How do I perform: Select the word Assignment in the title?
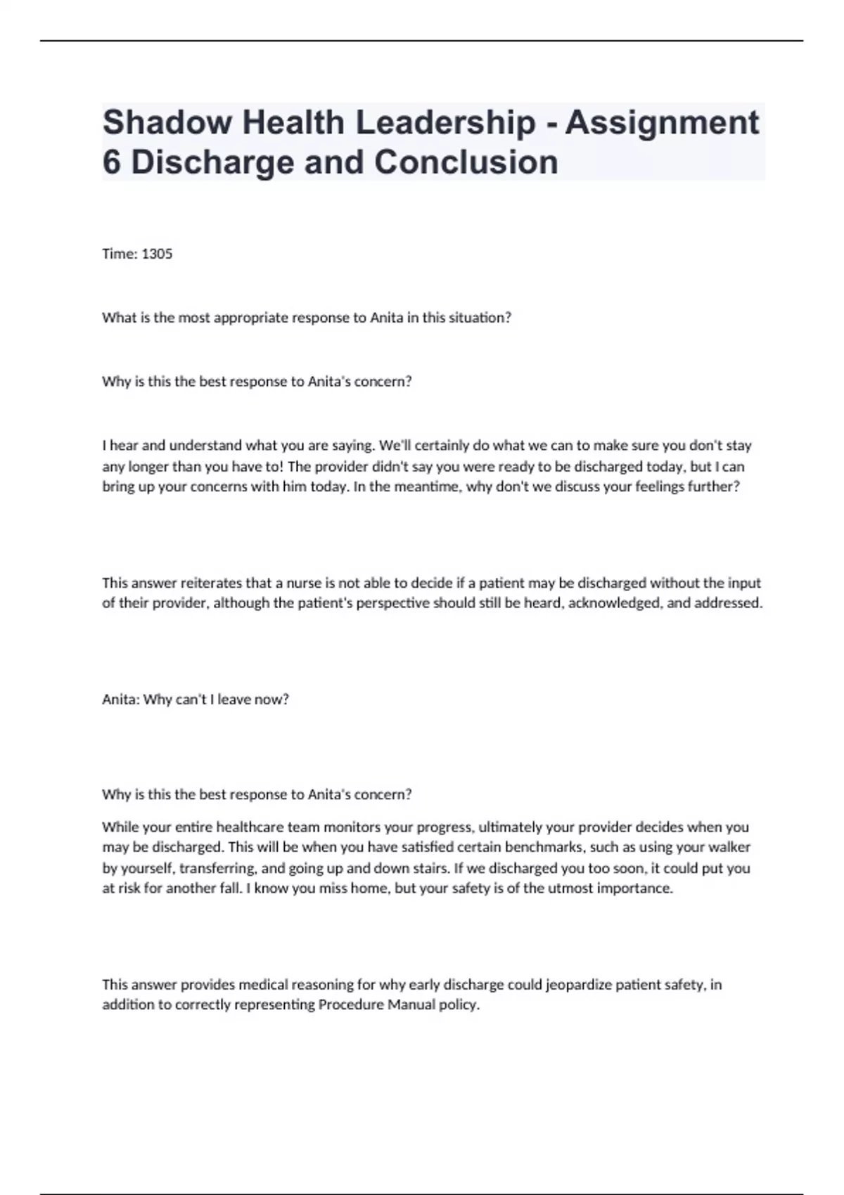click(662, 122)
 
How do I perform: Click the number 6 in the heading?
click(111, 162)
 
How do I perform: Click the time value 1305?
click(157, 254)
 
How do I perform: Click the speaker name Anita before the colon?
click(120, 699)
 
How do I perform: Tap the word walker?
click(730, 847)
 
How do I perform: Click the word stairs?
click(428, 867)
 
